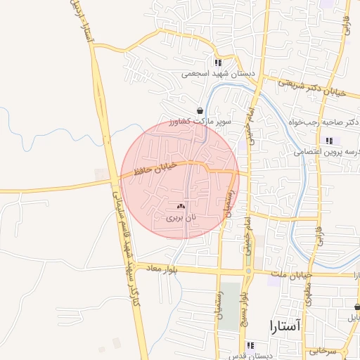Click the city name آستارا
284,326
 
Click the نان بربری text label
180,218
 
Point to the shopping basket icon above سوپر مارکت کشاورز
201,110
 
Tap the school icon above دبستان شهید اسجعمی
217,62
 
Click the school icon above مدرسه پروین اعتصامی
329,141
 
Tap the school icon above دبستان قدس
251,345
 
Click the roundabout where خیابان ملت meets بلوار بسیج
248,271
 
